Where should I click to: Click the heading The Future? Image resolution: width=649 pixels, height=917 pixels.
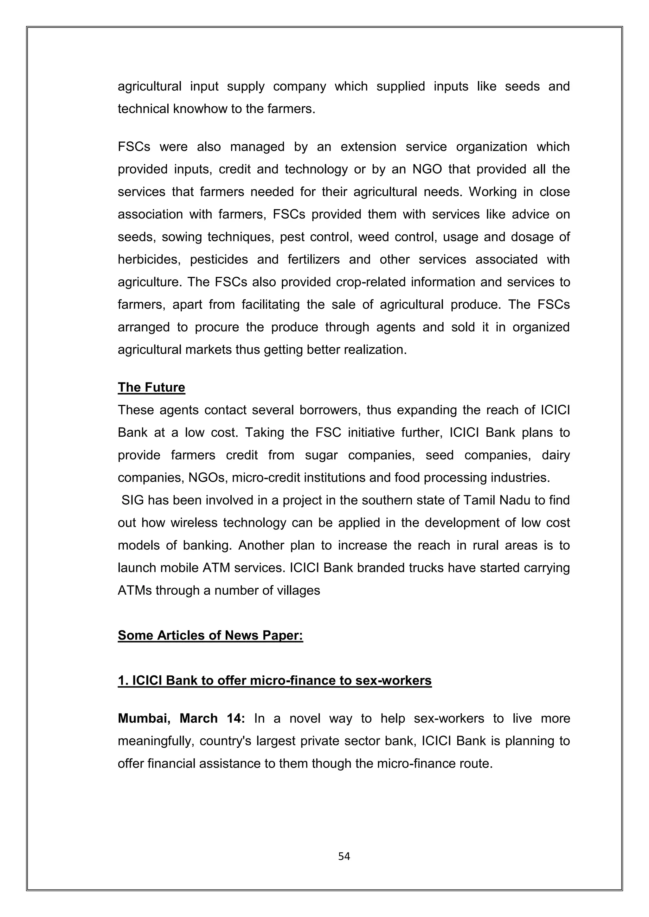click(x=151, y=387)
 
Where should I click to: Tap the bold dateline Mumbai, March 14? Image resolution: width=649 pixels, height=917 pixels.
click(x=181, y=718)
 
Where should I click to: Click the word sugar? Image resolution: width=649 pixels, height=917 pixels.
click(x=321, y=455)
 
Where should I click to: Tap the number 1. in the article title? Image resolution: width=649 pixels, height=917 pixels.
click(x=123, y=680)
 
